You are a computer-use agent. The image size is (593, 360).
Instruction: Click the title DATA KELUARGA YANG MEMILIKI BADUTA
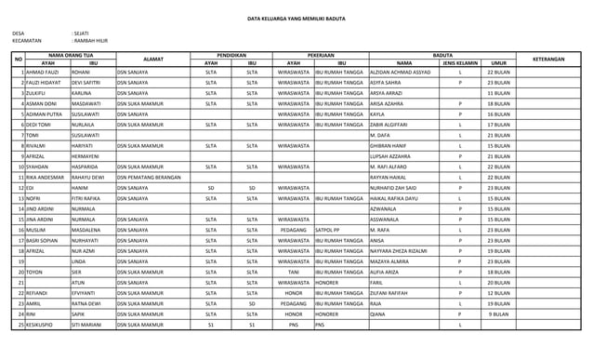point(296,19)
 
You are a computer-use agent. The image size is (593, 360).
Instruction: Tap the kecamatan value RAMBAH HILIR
point(91,41)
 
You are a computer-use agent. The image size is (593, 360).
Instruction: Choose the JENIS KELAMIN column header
point(460,63)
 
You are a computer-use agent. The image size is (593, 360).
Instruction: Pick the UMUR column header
point(498,63)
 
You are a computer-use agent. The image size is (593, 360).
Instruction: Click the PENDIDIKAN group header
point(231,56)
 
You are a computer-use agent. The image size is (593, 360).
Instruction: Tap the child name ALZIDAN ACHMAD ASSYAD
point(400,72)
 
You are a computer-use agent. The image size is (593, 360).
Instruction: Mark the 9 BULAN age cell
point(498,314)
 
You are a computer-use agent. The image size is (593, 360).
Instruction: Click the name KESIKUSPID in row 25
point(43,326)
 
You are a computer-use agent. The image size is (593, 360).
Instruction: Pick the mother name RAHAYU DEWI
point(88,177)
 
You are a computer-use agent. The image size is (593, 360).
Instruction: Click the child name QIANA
point(377,314)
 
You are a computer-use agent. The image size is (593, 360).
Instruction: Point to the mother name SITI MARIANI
point(89,326)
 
